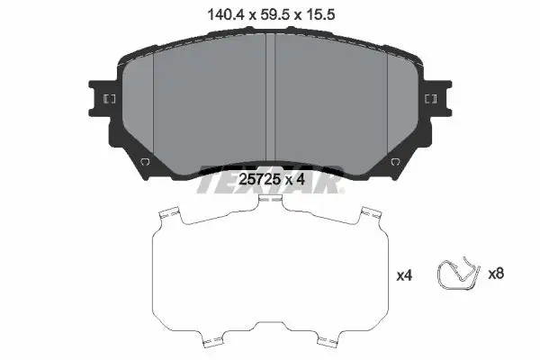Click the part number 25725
(260, 179)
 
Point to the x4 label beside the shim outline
(404, 275)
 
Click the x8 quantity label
(496, 274)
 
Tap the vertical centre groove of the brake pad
(270, 99)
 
